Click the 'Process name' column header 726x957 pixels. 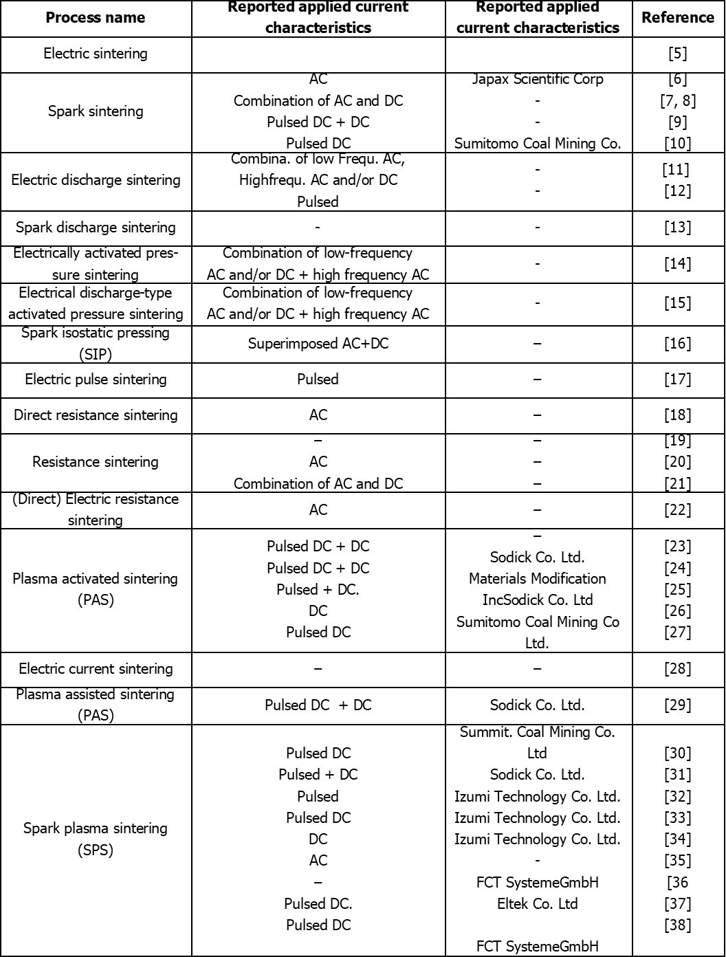tap(96, 18)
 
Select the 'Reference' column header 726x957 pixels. tap(677, 18)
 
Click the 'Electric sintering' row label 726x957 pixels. tap(96, 54)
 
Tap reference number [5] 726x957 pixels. tap(677, 54)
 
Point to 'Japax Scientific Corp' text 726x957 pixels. tap(538, 79)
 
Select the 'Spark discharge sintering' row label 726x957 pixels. tap(96, 228)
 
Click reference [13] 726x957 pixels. tap(677, 228)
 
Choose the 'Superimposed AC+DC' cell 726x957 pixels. tap(318, 343)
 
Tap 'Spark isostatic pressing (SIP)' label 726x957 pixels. tap(96, 343)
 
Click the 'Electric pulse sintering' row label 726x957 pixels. tap(96, 379)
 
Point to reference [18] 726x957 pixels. tap(677, 415)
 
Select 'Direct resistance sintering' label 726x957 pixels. tap(96, 415)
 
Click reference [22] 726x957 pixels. tap(677, 510)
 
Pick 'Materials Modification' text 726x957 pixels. tap(538, 579)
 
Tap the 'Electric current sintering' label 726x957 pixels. tap(96, 669)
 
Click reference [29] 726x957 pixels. tap(677, 705)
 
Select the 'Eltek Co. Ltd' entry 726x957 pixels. tap(538, 903)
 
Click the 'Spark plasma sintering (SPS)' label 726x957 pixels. tap(96, 839)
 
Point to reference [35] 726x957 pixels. tap(677, 861)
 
